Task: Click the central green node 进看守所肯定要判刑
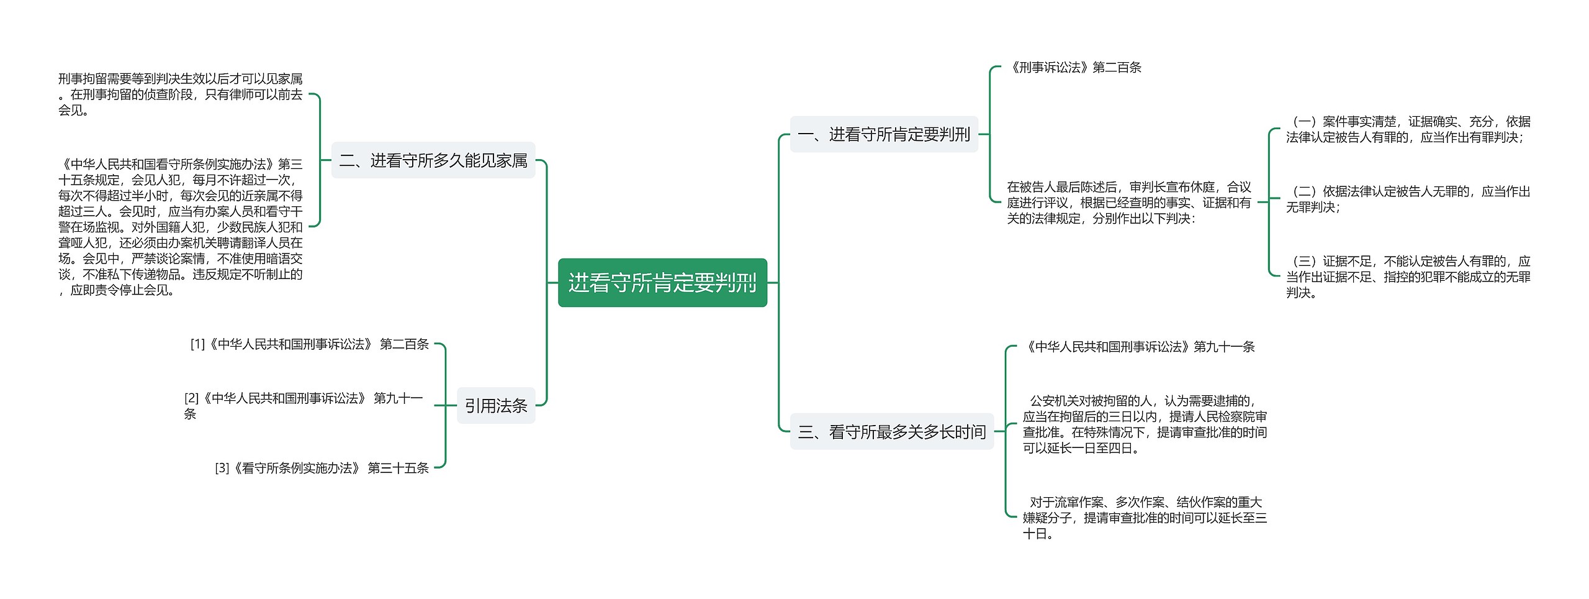click(x=662, y=283)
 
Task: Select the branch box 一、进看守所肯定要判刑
click(x=883, y=134)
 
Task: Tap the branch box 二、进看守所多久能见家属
click(x=433, y=160)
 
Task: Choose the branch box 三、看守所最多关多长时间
click(x=891, y=431)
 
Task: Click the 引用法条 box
click(x=495, y=406)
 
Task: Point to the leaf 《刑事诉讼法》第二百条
click(x=1074, y=67)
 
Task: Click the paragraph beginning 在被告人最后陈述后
click(x=1128, y=203)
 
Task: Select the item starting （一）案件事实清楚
click(x=1408, y=129)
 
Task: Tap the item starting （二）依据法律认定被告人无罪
click(x=1408, y=199)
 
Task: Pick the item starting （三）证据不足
click(x=1408, y=277)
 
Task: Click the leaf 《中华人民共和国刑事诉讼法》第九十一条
click(x=1138, y=347)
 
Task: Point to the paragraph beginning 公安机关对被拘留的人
click(x=1145, y=424)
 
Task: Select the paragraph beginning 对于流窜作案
click(x=1145, y=518)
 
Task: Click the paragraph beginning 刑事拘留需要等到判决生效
click(x=180, y=94)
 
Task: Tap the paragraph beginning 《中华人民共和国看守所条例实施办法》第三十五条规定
click(x=180, y=227)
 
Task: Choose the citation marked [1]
click(x=309, y=344)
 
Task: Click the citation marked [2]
click(x=304, y=405)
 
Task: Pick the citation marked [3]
click(x=322, y=468)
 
